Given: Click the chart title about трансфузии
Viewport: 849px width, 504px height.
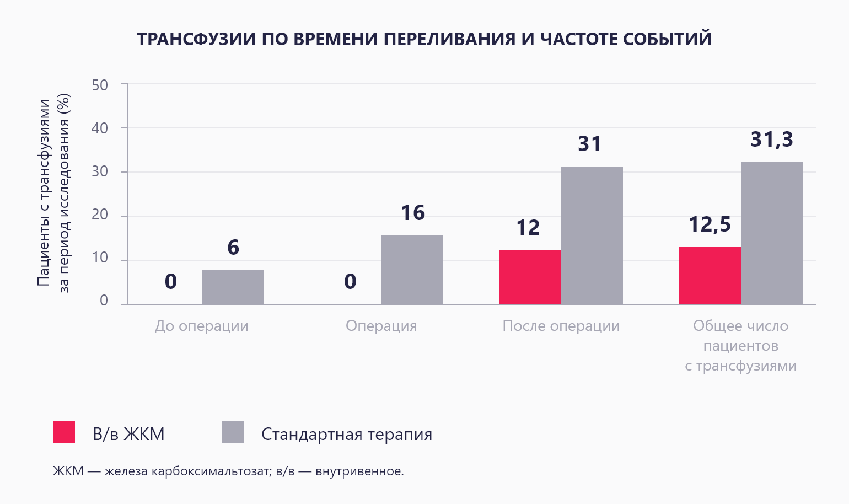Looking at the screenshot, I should click(424, 39).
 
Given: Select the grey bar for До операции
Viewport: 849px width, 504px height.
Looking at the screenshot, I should click(233, 287).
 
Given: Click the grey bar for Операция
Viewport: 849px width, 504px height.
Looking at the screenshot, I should click(412, 270).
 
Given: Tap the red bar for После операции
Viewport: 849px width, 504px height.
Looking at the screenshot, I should click(530, 277).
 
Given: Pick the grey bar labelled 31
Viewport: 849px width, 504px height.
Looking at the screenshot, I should click(592, 235).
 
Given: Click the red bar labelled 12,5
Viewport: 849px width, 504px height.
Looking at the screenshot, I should click(710, 276).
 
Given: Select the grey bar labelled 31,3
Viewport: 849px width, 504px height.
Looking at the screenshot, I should click(771, 233).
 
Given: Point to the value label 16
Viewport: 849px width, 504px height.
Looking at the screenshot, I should click(412, 213).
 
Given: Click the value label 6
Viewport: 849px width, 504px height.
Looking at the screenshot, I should click(233, 248).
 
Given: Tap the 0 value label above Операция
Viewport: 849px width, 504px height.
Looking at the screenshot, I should click(350, 282).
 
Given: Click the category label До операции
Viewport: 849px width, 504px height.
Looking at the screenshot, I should click(201, 326).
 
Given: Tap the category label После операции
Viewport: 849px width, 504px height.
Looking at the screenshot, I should click(561, 326).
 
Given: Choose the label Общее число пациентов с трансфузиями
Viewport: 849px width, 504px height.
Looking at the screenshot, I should click(740, 346).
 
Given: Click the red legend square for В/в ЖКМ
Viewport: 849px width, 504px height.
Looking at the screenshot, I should click(64, 433).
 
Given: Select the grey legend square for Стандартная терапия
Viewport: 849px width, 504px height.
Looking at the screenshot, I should click(232, 433).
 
